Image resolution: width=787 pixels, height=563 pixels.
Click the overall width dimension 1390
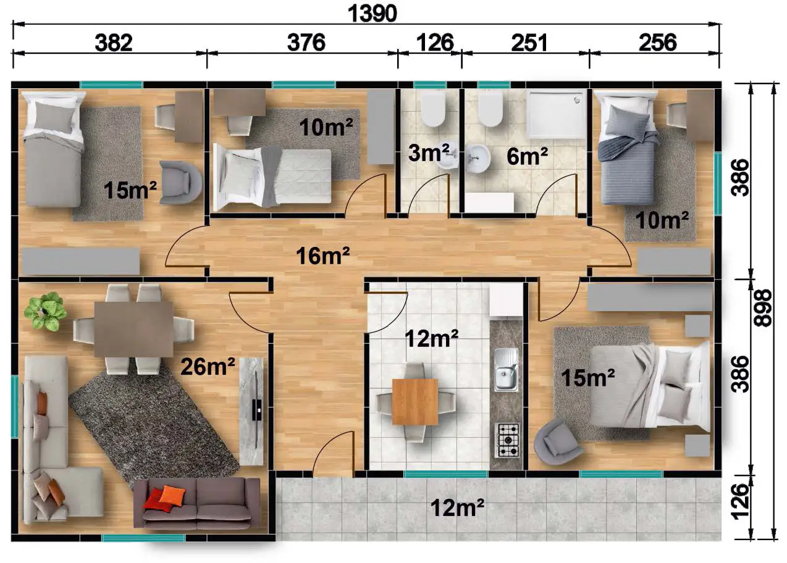point(372,14)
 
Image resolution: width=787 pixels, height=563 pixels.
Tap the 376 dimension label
point(306,43)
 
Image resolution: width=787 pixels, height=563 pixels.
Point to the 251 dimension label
point(529,43)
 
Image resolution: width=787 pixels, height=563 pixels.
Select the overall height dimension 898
point(763,308)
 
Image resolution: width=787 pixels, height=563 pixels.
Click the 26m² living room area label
point(208,367)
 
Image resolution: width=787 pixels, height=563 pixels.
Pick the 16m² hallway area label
point(323,256)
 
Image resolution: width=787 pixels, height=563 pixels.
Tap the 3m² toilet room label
point(429,152)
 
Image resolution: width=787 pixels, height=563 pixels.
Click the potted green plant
point(46,311)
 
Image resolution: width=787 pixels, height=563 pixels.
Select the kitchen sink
point(507,370)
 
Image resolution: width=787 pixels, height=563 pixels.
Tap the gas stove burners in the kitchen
point(507,440)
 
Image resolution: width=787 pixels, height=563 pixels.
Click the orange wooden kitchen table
point(415,401)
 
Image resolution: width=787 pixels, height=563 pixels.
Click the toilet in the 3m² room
point(434,109)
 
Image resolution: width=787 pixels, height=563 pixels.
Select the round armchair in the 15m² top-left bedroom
point(180,183)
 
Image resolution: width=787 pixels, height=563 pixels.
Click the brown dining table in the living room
point(133,329)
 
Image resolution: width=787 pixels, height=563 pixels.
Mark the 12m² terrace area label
point(458,507)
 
